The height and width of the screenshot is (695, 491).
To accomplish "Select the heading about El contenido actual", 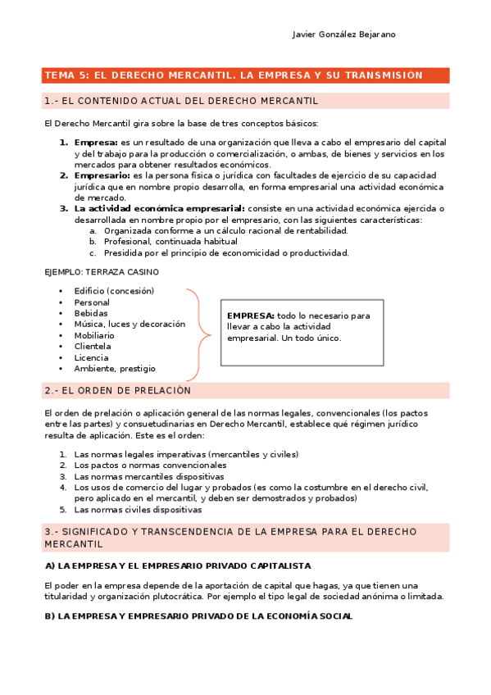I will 181,101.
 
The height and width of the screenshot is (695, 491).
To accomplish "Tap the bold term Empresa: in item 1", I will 96,142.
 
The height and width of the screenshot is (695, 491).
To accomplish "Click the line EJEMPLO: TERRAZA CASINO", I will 101,271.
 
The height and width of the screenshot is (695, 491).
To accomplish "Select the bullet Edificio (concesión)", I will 114,291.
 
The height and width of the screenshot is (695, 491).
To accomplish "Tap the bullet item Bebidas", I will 91,313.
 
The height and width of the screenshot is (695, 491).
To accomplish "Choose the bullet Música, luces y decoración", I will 130,325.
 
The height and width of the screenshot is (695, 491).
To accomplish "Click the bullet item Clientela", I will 93,347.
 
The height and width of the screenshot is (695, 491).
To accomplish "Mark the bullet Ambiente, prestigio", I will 115,369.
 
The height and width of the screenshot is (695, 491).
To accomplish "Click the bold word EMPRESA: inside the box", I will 251,316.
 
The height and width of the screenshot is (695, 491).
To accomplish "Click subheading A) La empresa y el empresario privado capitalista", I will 178,566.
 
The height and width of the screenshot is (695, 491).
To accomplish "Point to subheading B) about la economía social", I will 198,616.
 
